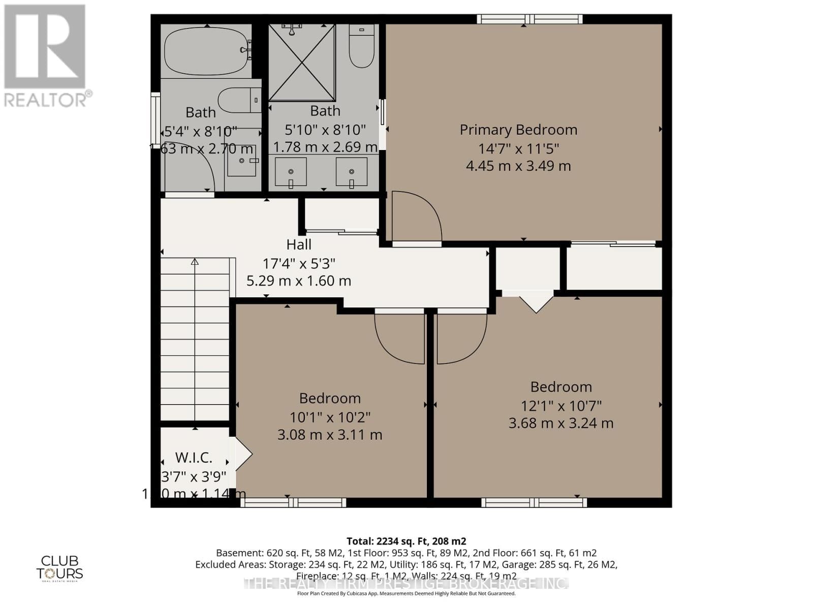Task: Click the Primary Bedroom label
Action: point(518,130)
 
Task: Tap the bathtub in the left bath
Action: point(206,50)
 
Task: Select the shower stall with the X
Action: point(302,62)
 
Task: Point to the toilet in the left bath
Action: point(239,100)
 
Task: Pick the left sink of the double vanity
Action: point(291,172)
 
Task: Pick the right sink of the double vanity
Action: point(351,172)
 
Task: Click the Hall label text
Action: point(299,245)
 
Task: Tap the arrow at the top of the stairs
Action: point(195,262)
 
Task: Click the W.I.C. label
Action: point(194,457)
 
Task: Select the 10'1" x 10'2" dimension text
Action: point(330,417)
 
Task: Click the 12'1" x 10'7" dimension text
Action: point(561,406)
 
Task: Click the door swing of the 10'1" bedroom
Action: point(399,338)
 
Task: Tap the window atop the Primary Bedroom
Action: point(529,19)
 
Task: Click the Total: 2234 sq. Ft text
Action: point(406,541)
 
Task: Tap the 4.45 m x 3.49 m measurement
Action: point(518,166)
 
